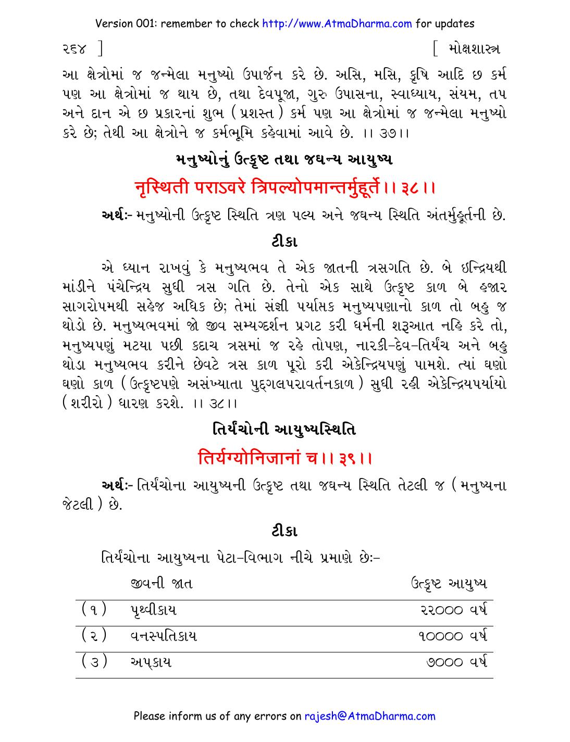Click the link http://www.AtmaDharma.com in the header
pos(337,23)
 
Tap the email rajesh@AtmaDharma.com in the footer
pos(369,715)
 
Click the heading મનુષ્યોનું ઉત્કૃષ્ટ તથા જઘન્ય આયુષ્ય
pos(284,159)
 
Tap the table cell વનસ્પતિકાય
pos(163,636)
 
